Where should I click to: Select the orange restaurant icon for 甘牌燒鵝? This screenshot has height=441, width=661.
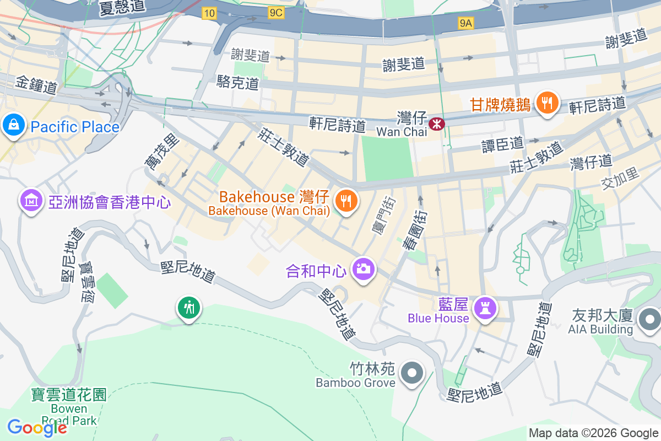coord(546,104)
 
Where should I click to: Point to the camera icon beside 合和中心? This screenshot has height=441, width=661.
coord(363,270)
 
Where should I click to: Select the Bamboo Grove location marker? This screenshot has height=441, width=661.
coord(412,373)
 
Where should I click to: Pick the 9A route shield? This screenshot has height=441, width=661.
coord(465,23)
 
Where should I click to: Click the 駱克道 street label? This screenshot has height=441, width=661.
coord(238,83)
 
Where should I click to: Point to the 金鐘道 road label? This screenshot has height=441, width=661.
coord(36,86)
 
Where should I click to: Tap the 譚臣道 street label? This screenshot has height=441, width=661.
coord(502,144)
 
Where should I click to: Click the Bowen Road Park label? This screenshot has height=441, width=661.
coord(69,415)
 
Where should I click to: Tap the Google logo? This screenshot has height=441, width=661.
coord(37,428)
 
